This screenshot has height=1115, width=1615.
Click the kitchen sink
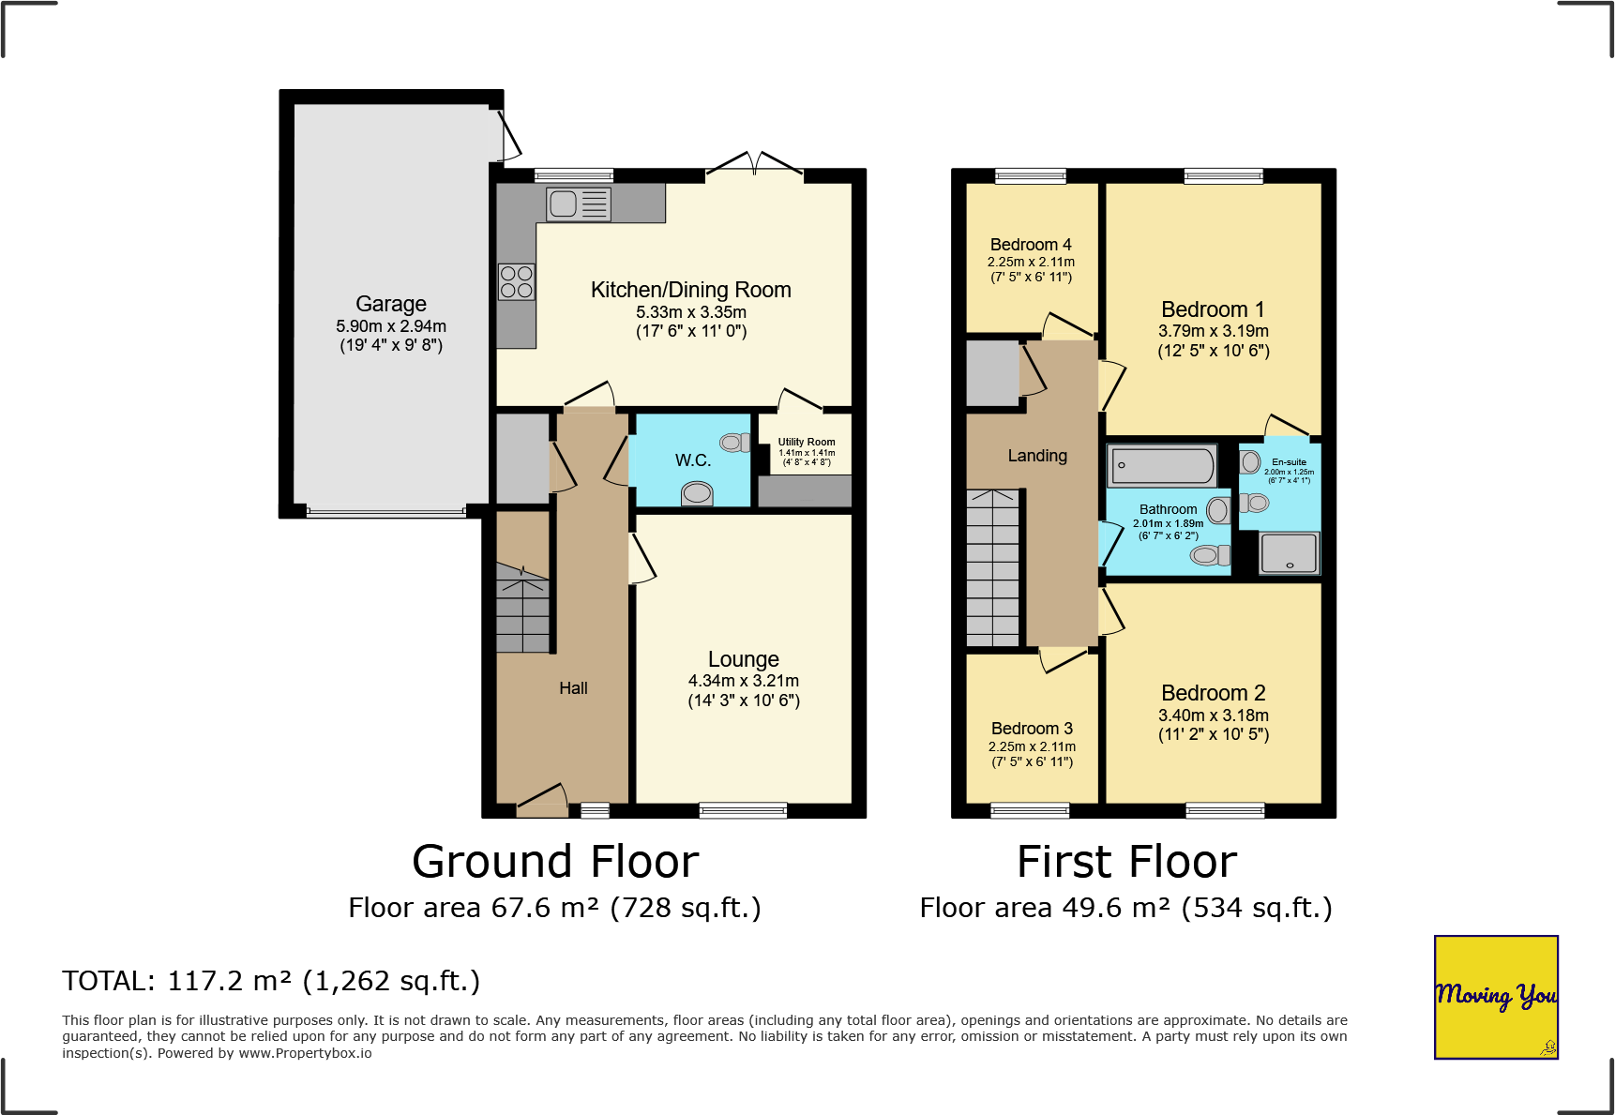pyautogui.click(x=579, y=203)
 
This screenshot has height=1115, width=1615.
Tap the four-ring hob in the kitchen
pyautogui.click(x=517, y=282)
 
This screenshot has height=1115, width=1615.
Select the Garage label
pyautogui.click(x=391, y=304)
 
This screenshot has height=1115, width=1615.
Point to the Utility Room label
pyautogui.click(x=807, y=442)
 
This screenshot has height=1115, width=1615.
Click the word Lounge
pyautogui.click(x=744, y=659)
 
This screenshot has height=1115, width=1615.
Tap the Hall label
pyautogui.click(x=573, y=688)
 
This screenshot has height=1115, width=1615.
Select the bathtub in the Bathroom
pyautogui.click(x=1163, y=465)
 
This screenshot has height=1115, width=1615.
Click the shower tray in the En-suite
pyautogui.click(x=1290, y=553)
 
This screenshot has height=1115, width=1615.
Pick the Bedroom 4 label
pyautogui.click(x=1031, y=245)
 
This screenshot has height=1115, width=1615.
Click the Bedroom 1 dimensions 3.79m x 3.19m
pyautogui.click(x=1214, y=331)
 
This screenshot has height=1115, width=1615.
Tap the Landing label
pyautogui.click(x=1037, y=456)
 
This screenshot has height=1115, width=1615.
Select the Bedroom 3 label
pyautogui.click(x=1032, y=729)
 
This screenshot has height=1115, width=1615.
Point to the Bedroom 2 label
pyautogui.click(x=1214, y=693)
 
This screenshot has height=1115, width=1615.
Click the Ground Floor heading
pyautogui.click(x=555, y=862)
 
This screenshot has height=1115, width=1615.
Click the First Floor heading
pyautogui.click(x=1127, y=862)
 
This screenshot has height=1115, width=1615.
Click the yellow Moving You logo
pyautogui.click(x=1496, y=997)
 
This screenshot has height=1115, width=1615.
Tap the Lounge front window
pyautogui.click(x=744, y=810)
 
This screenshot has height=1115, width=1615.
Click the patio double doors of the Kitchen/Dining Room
pyautogui.click(x=755, y=164)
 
